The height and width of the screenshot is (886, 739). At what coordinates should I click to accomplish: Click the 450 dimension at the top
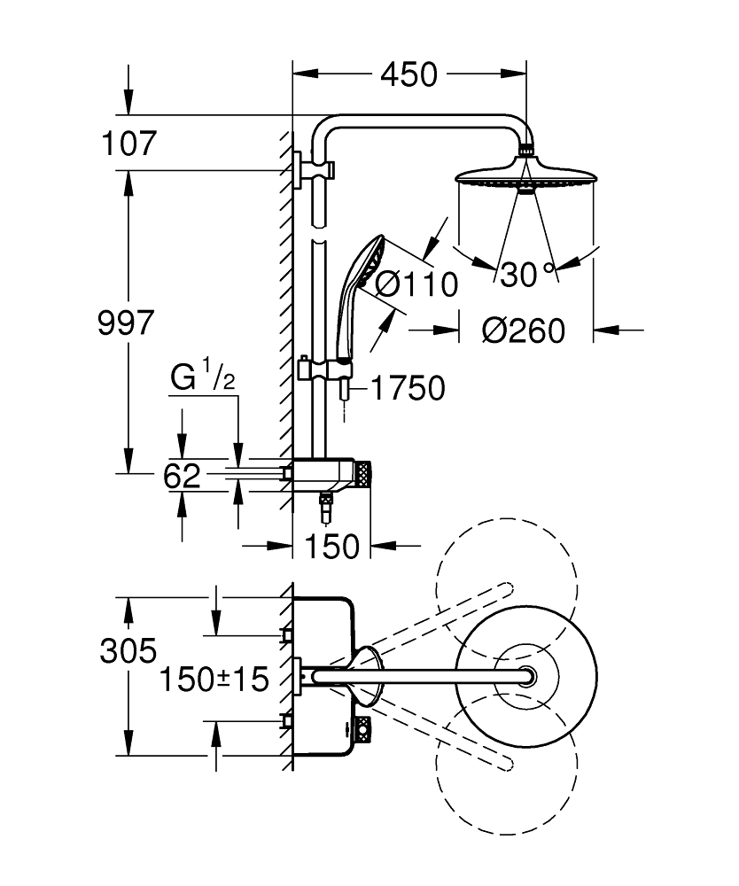tap(408, 74)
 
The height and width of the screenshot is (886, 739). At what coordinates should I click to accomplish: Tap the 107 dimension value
tap(128, 144)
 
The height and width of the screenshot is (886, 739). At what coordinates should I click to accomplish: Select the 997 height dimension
tap(126, 323)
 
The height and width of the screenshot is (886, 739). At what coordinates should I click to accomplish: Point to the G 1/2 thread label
tap(203, 375)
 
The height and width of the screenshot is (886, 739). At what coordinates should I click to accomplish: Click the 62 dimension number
tap(182, 476)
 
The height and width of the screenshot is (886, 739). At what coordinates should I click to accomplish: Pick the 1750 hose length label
tap(408, 388)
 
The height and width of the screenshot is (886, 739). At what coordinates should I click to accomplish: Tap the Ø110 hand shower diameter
tap(416, 284)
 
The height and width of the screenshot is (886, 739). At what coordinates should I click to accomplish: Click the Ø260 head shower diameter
tap(523, 330)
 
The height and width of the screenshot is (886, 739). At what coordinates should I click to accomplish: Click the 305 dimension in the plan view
tap(128, 650)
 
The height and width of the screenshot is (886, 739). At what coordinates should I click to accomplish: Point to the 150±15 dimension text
tap(214, 679)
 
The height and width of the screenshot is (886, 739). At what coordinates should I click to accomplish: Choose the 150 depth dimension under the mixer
tap(331, 547)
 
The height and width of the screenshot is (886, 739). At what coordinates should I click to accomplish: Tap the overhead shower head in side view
tap(526, 174)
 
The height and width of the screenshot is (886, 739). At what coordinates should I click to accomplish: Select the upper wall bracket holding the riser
tap(313, 169)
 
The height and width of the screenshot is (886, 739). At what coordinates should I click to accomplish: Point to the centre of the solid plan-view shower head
tap(526, 676)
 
